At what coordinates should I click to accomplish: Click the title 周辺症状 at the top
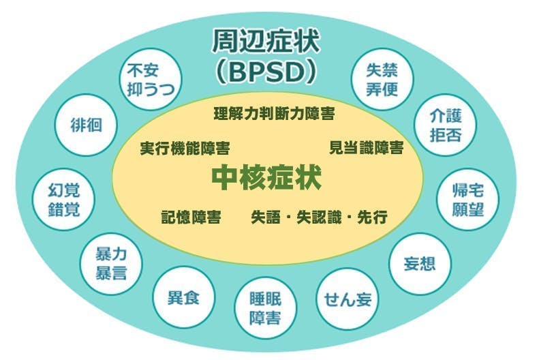[265, 41]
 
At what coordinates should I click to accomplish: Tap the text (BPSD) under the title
[265, 72]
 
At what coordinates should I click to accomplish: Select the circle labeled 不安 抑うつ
[150, 79]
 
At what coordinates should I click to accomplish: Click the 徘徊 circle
[86, 125]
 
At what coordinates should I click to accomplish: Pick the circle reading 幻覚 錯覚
[63, 199]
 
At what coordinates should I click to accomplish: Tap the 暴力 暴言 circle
[110, 264]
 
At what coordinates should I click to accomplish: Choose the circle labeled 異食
[183, 297]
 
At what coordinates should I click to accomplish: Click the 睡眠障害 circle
[265, 307]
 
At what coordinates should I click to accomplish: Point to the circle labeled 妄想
[420, 264]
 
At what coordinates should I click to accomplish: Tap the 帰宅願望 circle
[467, 199]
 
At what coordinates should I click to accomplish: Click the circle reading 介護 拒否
[445, 125]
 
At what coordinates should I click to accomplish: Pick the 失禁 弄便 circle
[382, 79]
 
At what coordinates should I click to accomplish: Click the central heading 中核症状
[266, 177]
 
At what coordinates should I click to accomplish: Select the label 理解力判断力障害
[274, 114]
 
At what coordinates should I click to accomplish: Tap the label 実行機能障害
[185, 149]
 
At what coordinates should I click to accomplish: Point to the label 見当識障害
[367, 148]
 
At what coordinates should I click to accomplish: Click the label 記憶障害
[191, 217]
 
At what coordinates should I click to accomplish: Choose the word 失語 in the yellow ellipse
[266, 217]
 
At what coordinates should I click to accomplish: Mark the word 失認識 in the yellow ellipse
[320, 217]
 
